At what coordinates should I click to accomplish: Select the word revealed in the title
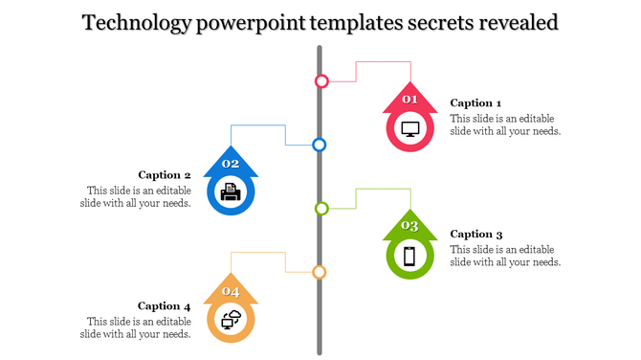[x=511, y=22]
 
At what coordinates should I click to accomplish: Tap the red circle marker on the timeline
[x=321, y=81]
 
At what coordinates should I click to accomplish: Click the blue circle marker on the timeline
[x=320, y=145]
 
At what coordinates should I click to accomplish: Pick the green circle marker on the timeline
[x=321, y=208]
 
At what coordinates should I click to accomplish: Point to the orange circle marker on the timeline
[x=320, y=272]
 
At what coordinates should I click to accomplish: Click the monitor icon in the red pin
[x=410, y=128]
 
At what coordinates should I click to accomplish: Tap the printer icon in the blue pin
[x=231, y=193]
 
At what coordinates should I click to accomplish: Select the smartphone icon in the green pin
[x=409, y=256]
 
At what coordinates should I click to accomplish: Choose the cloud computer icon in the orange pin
[x=231, y=321]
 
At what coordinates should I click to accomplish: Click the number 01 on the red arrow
[x=409, y=100]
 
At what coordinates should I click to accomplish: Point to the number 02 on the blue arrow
[x=231, y=164]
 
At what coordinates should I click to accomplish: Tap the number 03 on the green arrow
[x=409, y=226]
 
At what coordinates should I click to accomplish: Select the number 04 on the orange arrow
[x=231, y=291]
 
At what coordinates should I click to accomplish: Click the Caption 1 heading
[x=475, y=103]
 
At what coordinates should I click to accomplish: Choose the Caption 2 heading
[x=165, y=175]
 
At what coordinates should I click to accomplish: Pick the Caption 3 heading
[x=475, y=234]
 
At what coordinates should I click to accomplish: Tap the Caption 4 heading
[x=165, y=306]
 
